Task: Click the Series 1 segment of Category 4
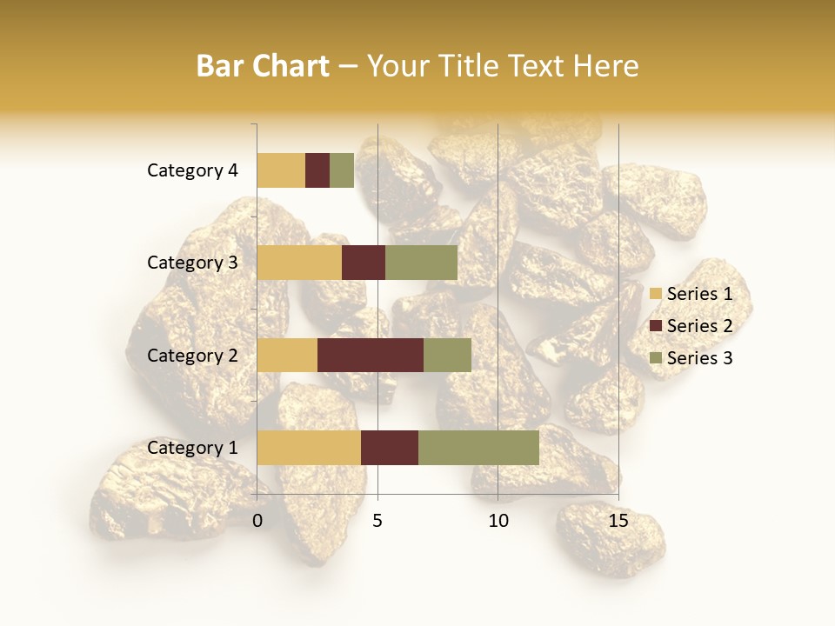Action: pyautogui.click(x=281, y=170)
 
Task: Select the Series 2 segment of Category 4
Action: pyautogui.click(x=317, y=170)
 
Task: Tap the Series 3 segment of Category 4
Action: pyautogui.click(x=342, y=170)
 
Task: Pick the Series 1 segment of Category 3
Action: pyautogui.click(x=299, y=263)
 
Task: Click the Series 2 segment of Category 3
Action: pyautogui.click(x=364, y=263)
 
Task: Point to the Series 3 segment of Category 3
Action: pyautogui.click(x=421, y=263)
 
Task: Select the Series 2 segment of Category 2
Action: pyautogui.click(x=371, y=355)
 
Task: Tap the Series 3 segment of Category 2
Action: pyautogui.click(x=447, y=355)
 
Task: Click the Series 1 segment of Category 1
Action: pyautogui.click(x=309, y=448)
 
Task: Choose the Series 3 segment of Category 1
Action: pyautogui.click(x=478, y=448)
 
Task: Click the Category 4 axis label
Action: pyautogui.click(x=192, y=170)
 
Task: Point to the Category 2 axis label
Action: pyautogui.click(x=192, y=356)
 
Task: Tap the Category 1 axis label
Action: pyautogui.click(x=192, y=448)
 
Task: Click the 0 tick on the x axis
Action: pyautogui.click(x=257, y=521)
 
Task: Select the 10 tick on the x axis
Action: pyautogui.click(x=498, y=521)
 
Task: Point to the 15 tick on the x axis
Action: pyautogui.click(x=618, y=521)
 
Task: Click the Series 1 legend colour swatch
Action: pyautogui.click(x=655, y=294)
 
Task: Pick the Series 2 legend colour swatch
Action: pyautogui.click(x=655, y=326)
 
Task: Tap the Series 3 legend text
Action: pyautogui.click(x=699, y=358)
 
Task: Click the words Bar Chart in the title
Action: pyautogui.click(x=263, y=66)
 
